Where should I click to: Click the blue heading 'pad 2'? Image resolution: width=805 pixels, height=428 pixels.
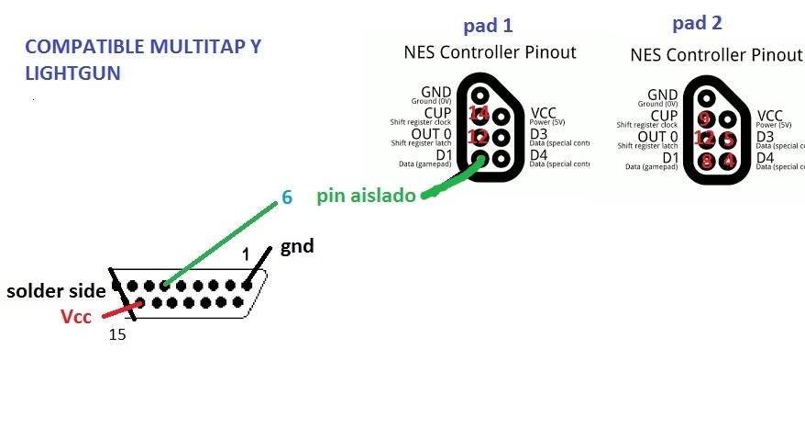[x=696, y=22]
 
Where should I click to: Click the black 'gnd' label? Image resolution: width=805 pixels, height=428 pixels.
[x=298, y=246]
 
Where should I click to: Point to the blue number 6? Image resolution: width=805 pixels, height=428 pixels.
[x=287, y=197]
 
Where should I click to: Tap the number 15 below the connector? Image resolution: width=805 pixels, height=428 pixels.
[x=116, y=335]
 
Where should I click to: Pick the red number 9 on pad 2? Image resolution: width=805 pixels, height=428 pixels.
[x=704, y=118]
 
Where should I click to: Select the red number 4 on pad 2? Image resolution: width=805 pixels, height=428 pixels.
[x=727, y=161]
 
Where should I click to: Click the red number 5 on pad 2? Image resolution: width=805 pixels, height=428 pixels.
[x=727, y=140]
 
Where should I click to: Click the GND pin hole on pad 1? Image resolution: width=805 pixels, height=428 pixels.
[x=479, y=95]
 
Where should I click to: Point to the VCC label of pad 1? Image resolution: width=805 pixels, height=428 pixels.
[x=544, y=113]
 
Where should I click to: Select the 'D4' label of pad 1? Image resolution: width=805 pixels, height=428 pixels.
[x=539, y=155]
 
